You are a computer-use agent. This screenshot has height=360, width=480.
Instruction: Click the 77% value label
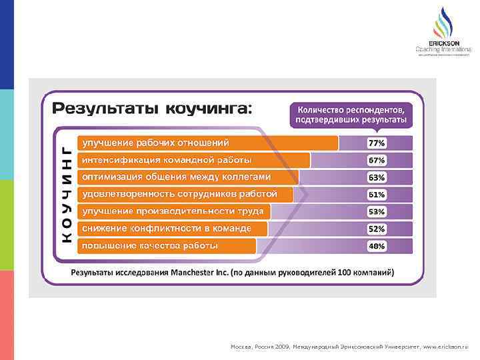pos(377,143)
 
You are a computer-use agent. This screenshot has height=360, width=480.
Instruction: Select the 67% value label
pos(377,160)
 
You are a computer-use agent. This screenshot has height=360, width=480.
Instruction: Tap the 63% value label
pos(377,177)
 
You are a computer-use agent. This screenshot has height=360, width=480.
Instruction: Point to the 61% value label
pos(377,195)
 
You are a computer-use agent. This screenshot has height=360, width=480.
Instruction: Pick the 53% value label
pos(377,212)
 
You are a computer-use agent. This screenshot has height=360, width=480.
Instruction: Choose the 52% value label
pos(377,229)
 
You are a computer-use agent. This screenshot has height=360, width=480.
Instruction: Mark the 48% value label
pos(377,246)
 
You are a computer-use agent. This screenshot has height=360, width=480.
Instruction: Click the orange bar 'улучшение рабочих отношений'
pos(207,143)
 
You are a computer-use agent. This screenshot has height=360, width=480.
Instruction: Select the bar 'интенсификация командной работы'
pos(193,160)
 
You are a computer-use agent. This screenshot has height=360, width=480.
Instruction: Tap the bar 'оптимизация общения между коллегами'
pos(187,177)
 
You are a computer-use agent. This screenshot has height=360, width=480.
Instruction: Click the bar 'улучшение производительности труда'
pos(173,212)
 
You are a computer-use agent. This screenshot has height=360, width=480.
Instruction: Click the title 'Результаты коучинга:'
pos(153,108)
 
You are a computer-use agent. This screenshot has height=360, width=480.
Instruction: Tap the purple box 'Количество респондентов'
pos(351,114)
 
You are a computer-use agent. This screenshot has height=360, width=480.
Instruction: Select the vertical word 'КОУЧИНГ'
pos(67,194)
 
